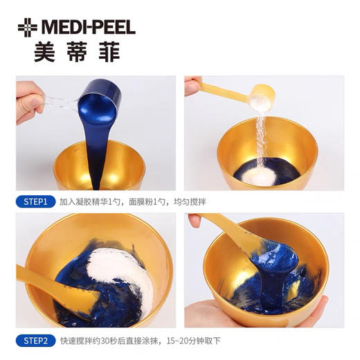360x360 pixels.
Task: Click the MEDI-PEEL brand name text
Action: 88,28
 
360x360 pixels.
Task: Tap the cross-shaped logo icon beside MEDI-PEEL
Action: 28,28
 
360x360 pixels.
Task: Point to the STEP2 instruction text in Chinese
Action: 141,340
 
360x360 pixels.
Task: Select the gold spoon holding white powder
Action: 260,96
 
